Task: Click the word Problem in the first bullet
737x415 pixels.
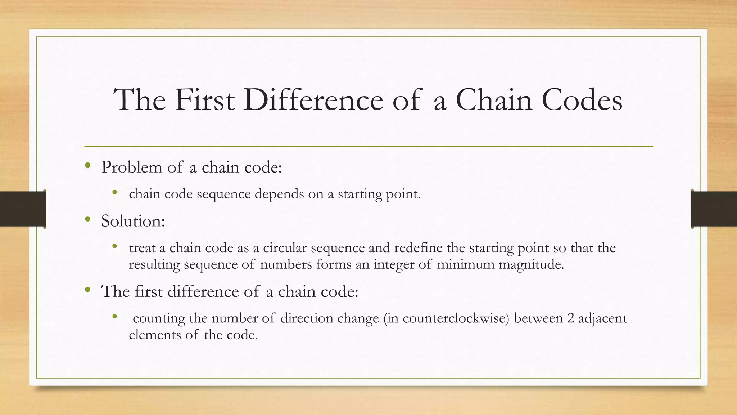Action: coord(132,168)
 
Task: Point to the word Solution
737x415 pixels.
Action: coord(133,221)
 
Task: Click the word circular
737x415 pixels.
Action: coord(285,248)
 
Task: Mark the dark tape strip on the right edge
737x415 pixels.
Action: coord(714,209)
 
